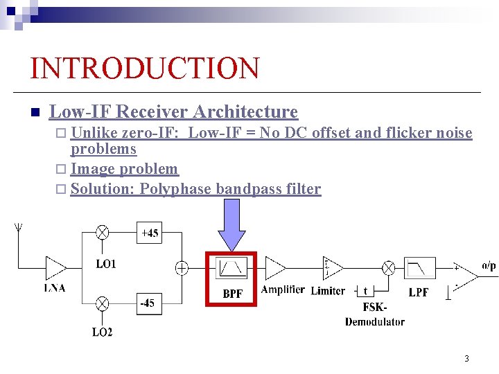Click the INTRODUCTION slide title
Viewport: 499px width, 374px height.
145,69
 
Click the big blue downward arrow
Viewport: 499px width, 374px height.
232,224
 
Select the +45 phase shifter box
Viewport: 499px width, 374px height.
150,233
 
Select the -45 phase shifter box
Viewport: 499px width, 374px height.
147,303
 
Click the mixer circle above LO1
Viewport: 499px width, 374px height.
103,233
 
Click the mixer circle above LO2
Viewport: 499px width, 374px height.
103,303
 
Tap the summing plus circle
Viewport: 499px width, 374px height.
182,268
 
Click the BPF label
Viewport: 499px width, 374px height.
233,294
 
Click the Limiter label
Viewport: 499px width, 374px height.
328,290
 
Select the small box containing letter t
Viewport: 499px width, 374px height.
365,290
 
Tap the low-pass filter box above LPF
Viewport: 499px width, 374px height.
420,268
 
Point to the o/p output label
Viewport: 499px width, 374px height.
489,265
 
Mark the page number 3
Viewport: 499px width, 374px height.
466,359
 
